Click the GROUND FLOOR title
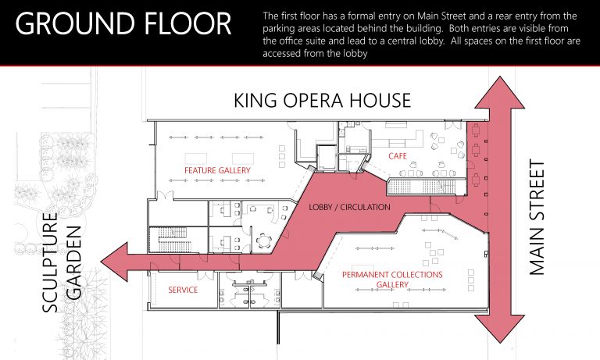(123, 23)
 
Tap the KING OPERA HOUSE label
(322, 100)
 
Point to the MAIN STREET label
(537, 217)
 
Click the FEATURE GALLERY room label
(217, 170)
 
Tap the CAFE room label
(398, 156)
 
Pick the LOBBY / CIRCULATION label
(350, 208)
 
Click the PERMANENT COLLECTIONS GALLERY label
(392, 280)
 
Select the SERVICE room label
(183, 290)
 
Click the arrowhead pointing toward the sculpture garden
(113, 262)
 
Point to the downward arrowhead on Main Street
(500, 328)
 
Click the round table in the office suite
(264, 241)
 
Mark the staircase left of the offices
(174, 240)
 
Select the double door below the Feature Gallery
(165, 195)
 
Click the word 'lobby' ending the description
(356, 54)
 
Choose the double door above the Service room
(206, 276)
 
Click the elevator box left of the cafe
(327, 158)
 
